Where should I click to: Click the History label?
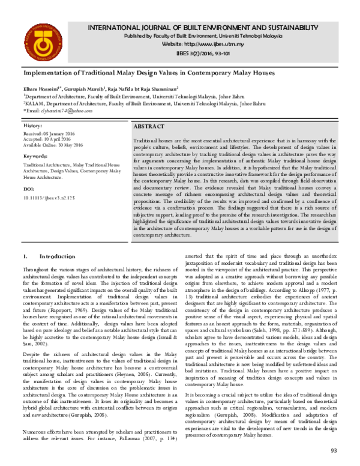click(x=32, y=126)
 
